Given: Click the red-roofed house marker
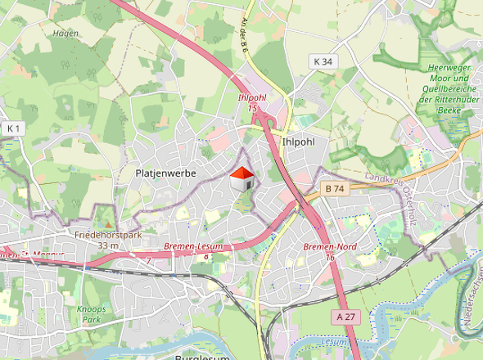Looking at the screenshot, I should tap(241, 178).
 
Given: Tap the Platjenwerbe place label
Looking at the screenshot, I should tap(165, 173).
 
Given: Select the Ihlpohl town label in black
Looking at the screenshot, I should tap(298, 141).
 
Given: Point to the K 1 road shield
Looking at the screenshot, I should tap(12, 128).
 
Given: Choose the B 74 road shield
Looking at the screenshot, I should tap(333, 189).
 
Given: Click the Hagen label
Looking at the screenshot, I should tap(65, 34).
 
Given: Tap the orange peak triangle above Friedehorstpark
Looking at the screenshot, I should tap(106, 224).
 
